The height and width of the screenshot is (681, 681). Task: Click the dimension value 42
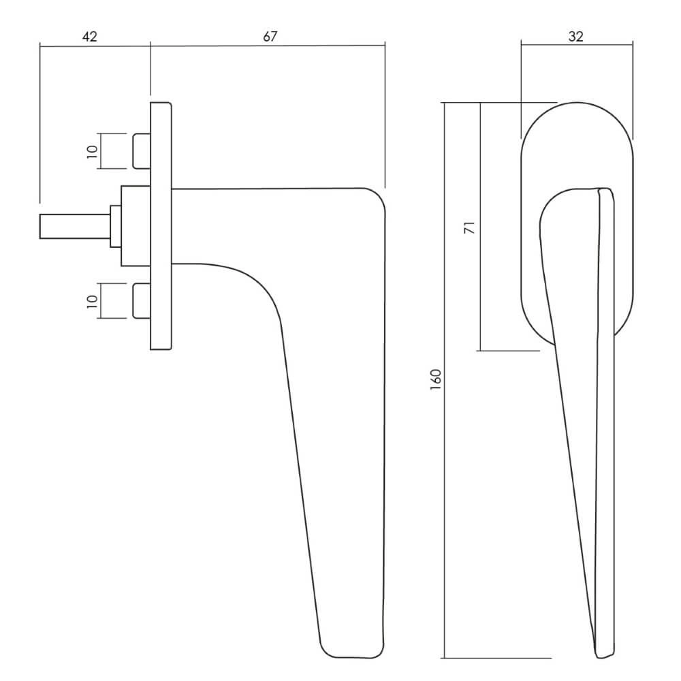click(x=89, y=37)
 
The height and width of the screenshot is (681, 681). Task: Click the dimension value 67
click(x=270, y=37)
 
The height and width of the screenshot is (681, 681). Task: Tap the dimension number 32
click(x=575, y=37)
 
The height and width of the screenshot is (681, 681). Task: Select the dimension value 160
click(x=436, y=379)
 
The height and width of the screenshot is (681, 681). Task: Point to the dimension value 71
click(x=470, y=228)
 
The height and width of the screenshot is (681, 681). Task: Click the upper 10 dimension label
click(x=92, y=152)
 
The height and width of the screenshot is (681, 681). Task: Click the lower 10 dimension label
click(x=92, y=302)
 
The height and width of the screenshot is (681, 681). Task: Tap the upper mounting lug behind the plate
click(x=141, y=151)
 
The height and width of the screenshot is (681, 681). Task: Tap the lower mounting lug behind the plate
click(x=141, y=301)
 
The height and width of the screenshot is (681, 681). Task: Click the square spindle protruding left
click(x=75, y=226)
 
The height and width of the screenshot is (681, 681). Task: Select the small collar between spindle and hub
click(x=116, y=226)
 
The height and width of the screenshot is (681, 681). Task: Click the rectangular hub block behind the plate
click(x=136, y=226)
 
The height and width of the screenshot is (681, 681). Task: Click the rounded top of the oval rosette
click(x=577, y=103)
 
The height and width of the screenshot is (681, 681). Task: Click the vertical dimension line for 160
click(x=444, y=380)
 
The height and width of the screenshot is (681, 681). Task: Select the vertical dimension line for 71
click(x=480, y=227)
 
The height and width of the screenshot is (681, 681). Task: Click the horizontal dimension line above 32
click(x=577, y=44)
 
